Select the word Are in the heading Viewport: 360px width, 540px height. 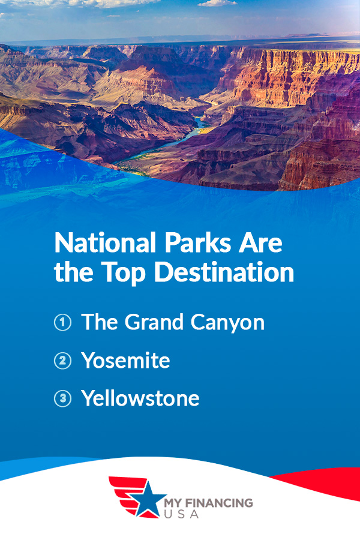[x=263, y=245]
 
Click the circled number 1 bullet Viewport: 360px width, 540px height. [x=62, y=322]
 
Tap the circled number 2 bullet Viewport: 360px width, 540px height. [x=62, y=361]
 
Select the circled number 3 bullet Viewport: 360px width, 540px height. [x=62, y=399]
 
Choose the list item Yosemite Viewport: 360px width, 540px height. [x=125, y=361]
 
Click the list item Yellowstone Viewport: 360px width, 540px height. [x=140, y=399]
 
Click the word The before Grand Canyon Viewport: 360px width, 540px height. [x=100, y=322]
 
